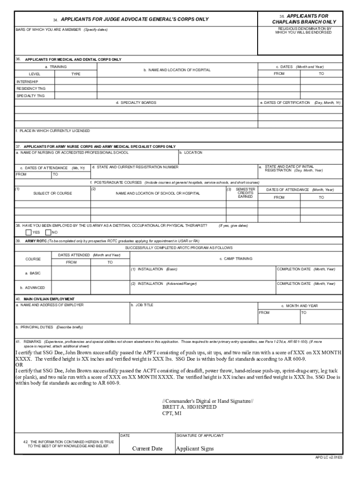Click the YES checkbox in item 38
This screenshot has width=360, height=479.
(29, 232)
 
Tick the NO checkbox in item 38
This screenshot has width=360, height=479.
(48, 232)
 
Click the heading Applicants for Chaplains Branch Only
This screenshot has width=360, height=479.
(304, 19)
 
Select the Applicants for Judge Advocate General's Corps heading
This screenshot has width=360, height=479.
(131, 20)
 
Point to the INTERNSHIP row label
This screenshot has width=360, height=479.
(27, 81)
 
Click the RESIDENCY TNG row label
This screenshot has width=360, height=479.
(31, 88)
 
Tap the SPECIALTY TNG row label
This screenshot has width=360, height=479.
(30, 95)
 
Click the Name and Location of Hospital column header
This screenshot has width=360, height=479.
(177, 70)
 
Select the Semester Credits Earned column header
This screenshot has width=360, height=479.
(245, 193)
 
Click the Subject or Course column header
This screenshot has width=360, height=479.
(52, 193)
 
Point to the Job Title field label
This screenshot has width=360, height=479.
(144, 305)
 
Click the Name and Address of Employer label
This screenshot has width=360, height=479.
(50, 305)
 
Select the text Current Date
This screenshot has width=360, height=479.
(147, 449)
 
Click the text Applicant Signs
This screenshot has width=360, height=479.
(194, 449)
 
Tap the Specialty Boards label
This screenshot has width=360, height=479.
(136, 102)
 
